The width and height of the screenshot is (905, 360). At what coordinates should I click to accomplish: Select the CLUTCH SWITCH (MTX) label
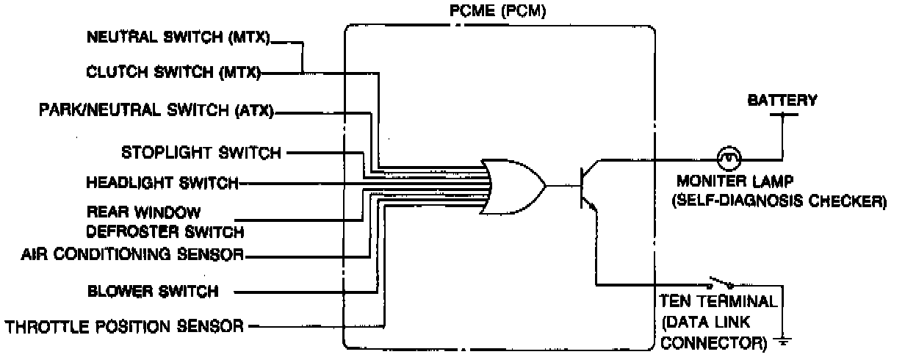tap(173, 73)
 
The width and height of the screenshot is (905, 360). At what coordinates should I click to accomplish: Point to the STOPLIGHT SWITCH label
tap(201, 154)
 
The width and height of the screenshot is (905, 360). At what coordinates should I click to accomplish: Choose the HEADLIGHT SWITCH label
tap(162, 182)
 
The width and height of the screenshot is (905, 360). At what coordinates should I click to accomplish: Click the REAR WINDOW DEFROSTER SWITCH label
tap(165, 222)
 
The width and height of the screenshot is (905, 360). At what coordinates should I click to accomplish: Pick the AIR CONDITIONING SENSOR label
tap(131, 255)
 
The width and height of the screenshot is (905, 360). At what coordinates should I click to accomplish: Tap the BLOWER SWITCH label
tap(153, 291)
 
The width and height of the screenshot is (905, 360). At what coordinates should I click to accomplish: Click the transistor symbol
tap(588, 185)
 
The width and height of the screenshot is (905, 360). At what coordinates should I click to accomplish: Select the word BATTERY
tap(782, 100)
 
